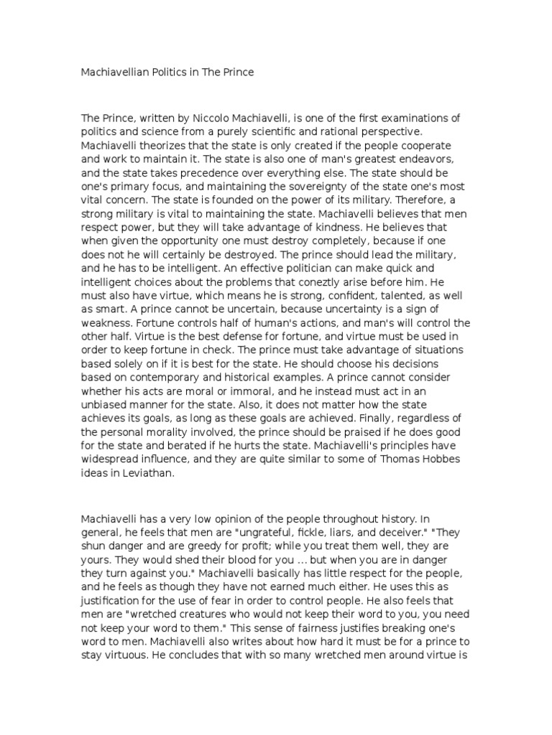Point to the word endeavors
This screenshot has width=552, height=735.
coord(440,159)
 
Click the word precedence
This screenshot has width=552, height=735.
coord(212,173)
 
